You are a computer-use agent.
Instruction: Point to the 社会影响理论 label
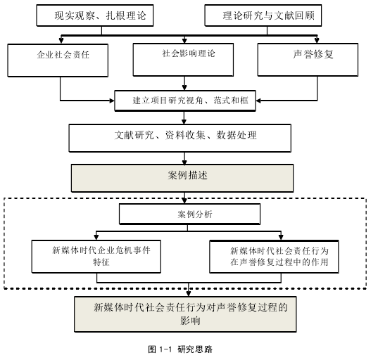[189, 53]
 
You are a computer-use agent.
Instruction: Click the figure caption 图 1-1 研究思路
[180, 349]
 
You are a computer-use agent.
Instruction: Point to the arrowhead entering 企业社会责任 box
[61, 41]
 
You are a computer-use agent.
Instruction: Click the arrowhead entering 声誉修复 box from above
[317, 40]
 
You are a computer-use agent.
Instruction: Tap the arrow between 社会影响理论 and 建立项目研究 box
[184, 83]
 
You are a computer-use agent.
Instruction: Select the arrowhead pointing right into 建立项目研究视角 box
[112, 101]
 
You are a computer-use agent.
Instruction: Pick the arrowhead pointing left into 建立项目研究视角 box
[258, 101]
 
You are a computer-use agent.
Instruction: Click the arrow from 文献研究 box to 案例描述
[184, 158]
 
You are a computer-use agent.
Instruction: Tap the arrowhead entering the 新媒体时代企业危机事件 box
[96, 237]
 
